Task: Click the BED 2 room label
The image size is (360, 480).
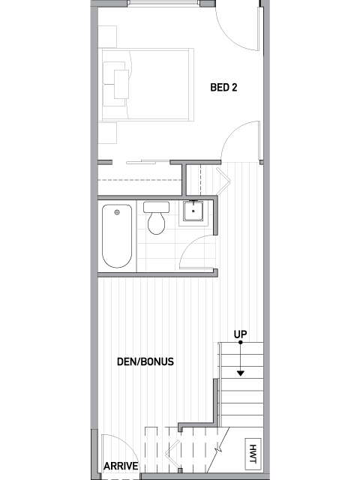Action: [223, 88]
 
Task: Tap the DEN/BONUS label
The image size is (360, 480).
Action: [145, 361]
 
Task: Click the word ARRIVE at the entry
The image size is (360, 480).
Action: [121, 466]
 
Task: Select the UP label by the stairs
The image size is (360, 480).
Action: [240, 334]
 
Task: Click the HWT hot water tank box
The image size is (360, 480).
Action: [253, 454]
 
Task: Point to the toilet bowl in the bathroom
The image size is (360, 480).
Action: [157, 223]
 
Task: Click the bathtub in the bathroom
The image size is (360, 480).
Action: [117, 236]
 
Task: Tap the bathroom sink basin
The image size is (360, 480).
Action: [193, 211]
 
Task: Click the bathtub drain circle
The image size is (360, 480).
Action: [117, 212]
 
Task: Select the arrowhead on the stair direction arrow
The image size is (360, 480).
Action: [241, 373]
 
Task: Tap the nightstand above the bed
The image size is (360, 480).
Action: [107, 37]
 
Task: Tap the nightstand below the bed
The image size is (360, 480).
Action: [107, 133]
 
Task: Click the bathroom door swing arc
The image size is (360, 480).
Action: [190, 245]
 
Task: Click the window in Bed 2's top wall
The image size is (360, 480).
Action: [163, 3]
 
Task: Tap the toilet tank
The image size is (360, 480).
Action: [157, 207]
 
